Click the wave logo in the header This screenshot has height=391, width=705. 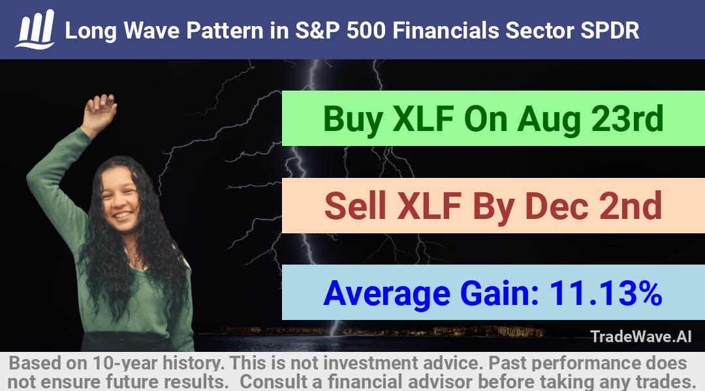35,29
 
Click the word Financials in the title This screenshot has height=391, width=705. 445,31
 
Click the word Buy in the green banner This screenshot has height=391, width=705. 353,119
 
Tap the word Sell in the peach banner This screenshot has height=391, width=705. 355,205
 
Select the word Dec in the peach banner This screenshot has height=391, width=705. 557,205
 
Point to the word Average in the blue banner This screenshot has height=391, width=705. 386,295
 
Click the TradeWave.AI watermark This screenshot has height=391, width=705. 641,336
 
